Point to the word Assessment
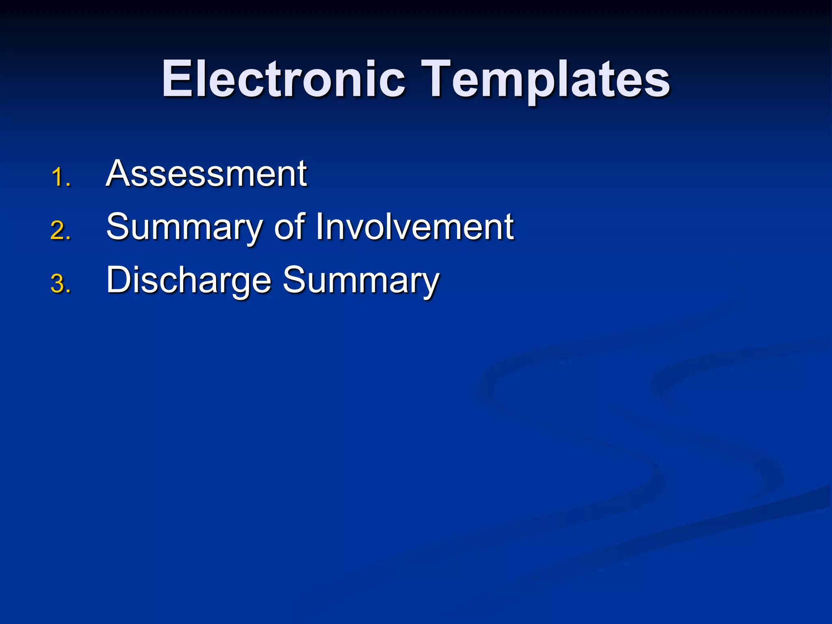click(x=206, y=174)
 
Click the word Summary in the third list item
click(x=361, y=280)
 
